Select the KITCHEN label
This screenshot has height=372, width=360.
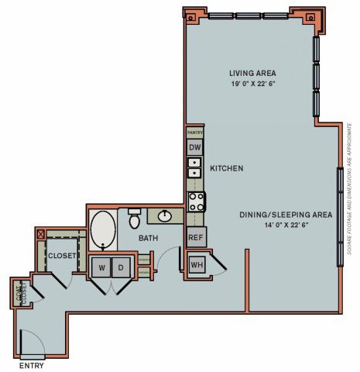point(227,168)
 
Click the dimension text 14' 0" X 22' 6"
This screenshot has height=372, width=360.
point(284,226)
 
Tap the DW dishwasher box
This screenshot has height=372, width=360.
point(195,147)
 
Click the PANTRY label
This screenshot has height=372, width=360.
point(194,133)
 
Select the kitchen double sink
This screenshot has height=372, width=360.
point(194,168)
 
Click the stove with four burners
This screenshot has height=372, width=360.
point(197,201)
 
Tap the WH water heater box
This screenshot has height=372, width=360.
point(197,265)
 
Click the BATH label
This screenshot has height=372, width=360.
point(149,239)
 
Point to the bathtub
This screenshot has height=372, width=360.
point(103,229)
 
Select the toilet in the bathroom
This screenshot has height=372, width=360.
point(134,215)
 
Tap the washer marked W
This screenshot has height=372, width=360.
point(101,267)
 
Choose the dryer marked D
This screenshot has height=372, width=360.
point(121,267)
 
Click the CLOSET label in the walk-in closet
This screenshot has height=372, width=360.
point(60,255)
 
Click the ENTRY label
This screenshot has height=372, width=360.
point(31,365)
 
